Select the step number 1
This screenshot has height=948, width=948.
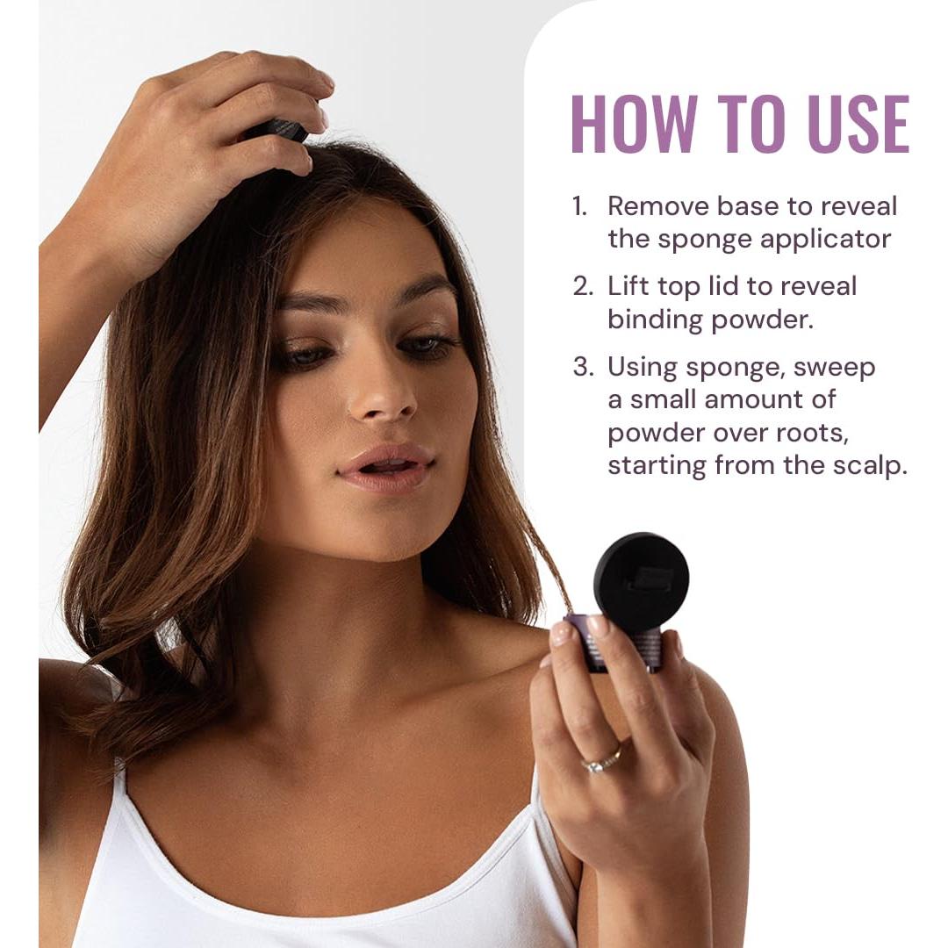pos(578,207)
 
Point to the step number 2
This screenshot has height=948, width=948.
pos(583,287)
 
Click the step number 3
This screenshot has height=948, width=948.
pos(583,367)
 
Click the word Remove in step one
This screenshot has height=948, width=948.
pos(657,207)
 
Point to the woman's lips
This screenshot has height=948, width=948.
pos(385,467)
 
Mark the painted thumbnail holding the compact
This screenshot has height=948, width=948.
pos(561,633)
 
